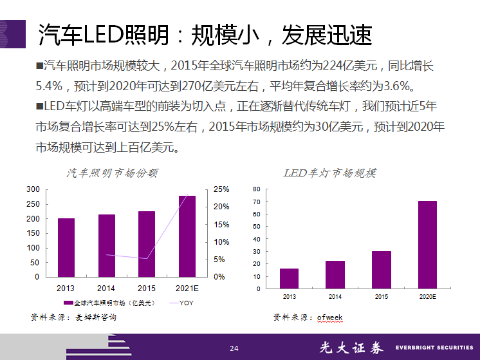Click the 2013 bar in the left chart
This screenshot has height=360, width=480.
pos(66,247)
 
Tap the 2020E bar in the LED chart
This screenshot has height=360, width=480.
pos(428,245)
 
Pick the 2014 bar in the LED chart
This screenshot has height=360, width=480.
pos(335,274)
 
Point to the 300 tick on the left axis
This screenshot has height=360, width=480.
pos(32,189)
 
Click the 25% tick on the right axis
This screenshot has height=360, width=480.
pos(221,189)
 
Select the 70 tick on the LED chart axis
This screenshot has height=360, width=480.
pos(256,202)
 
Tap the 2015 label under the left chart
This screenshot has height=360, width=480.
pos(147,288)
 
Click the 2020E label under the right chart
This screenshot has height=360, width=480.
pos(428,296)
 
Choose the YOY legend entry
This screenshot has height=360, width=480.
pos(185,303)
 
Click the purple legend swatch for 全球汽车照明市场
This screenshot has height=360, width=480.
pos(68,303)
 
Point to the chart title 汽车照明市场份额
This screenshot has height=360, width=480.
pos(113,173)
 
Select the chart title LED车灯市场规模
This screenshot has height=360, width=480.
pos(330,173)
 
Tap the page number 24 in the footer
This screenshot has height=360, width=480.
pos(234,348)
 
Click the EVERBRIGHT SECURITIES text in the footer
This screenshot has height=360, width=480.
pos(433,348)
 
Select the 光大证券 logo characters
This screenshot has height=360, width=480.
pos(351,348)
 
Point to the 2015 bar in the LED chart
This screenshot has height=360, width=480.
pos(382,270)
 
